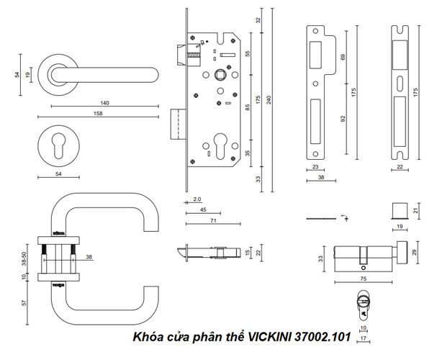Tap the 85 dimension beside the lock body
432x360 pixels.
pos(248,108)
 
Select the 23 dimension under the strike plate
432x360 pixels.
pos(315,167)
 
